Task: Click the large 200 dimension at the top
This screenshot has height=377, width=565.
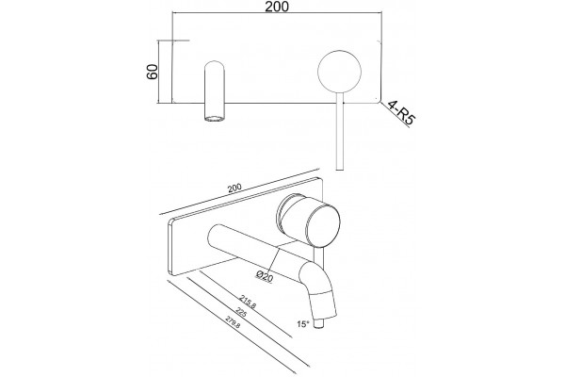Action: pyautogui.click(x=277, y=7)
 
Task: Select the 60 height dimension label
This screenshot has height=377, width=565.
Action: pyautogui.click(x=152, y=72)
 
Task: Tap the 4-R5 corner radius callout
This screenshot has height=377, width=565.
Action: pyautogui.click(x=401, y=113)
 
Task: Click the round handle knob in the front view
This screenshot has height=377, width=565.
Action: pyautogui.click(x=339, y=71)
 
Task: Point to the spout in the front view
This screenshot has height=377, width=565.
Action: pyautogui.click(x=215, y=91)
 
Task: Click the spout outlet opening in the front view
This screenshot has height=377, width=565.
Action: pyautogui.click(x=215, y=119)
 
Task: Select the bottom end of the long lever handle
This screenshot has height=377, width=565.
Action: pyautogui.click(x=339, y=169)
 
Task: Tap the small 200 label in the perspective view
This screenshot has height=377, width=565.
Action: pyautogui.click(x=234, y=188)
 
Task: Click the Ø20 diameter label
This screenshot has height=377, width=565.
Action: pyautogui.click(x=265, y=276)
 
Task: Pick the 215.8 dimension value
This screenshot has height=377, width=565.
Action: pyautogui.click(x=248, y=302)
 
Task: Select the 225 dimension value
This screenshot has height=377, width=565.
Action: pyautogui.click(x=240, y=312)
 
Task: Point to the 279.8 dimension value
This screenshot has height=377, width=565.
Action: pyautogui.click(x=233, y=322)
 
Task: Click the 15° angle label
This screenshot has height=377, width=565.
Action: pyautogui.click(x=303, y=324)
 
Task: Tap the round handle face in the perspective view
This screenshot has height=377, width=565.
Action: pyautogui.click(x=323, y=225)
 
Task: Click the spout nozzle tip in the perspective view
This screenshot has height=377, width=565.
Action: pyautogui.click(x=320, y=323)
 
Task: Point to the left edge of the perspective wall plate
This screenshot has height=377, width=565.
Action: pyautogui.click(x=170, y=247)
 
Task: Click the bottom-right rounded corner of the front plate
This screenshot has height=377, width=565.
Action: pyautogui.click(x=379, y=100)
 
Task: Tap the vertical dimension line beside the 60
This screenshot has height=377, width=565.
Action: pyautogui.click(x=158, y=72)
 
